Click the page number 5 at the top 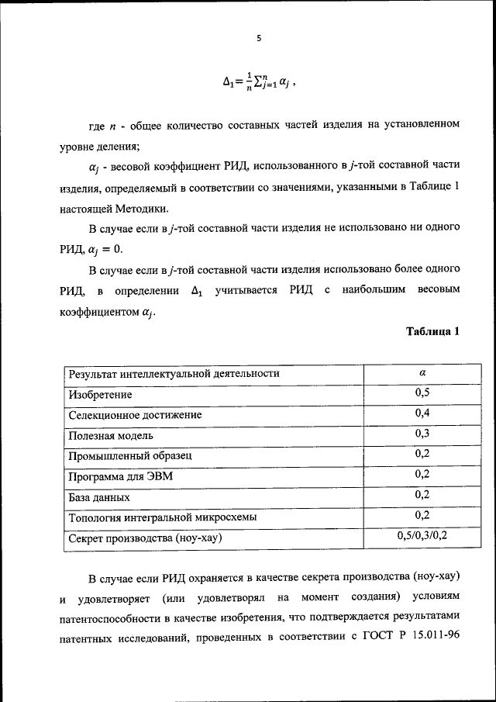(260, 36)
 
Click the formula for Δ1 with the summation (260, 80)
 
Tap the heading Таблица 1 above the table (433, 331)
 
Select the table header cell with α (422, 373)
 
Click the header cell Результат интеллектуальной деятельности (174, 373)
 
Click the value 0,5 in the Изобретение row (422, 393)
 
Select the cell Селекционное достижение (136, 415)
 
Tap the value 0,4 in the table (422, 413)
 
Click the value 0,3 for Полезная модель (422, 434)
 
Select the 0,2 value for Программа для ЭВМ (422, 474)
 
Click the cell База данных (99, 496)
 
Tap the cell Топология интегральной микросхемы (163, 517)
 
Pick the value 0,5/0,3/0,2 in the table (422, 535)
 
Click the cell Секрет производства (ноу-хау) (150, 538)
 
